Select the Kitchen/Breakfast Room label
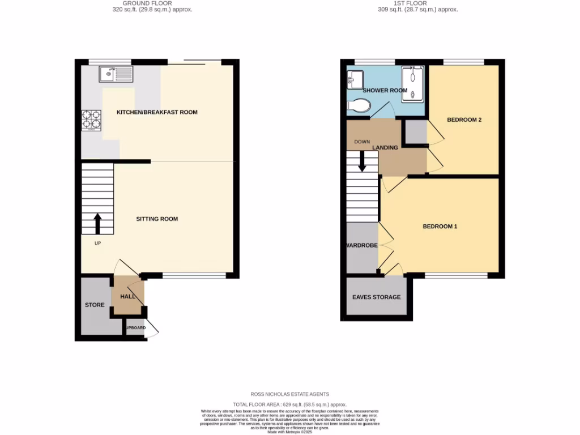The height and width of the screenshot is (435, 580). (x=157, y=112)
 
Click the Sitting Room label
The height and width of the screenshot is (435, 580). (x=157, y=219)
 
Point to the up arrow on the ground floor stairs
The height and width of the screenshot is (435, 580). (x=97, y=223)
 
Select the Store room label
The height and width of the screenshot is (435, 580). (x=95, y=305)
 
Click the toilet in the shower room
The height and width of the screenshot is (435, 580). (x=359, y=105)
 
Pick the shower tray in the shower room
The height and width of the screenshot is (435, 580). (x=412, y=84)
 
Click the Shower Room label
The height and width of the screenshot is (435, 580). (x=385, y=91)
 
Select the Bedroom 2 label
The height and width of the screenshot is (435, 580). (x=464, y=120)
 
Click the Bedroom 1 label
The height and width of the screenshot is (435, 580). (x=440, y=227)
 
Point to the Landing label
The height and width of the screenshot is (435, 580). (x=385, y=148)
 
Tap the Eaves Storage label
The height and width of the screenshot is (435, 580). (x=376, y=297)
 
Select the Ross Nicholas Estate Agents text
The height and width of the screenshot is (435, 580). (x=289, y=394)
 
